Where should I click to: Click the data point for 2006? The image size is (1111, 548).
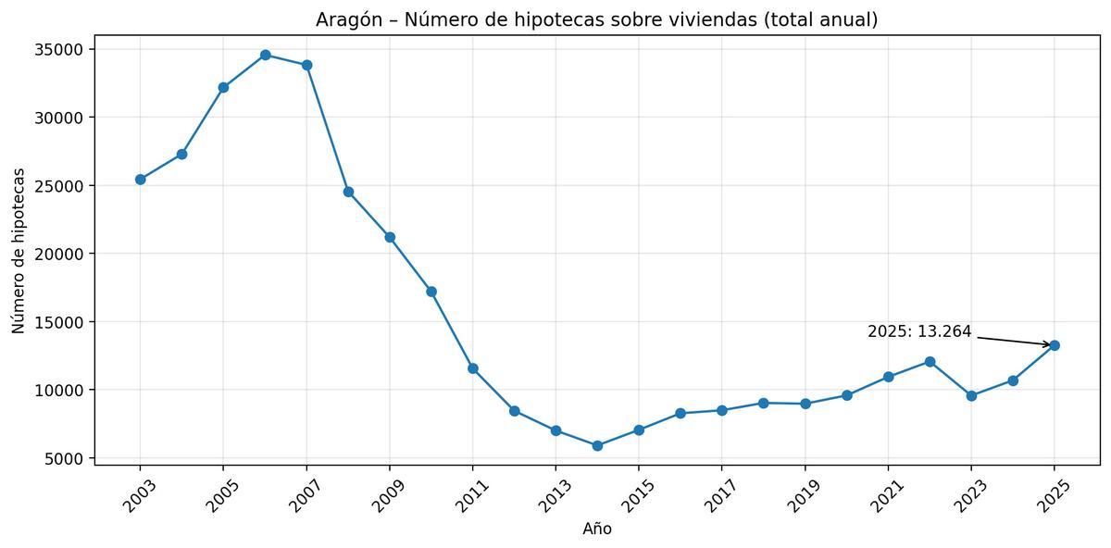[265, 55]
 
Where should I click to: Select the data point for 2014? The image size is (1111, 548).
[597, 445]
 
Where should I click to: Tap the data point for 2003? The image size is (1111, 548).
[140, 180]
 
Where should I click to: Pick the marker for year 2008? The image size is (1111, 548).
[348, 192]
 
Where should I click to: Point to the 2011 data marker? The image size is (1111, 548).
[473, 368]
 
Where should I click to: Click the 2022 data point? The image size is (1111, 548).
[930, 362]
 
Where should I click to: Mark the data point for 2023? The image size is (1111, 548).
[971, 395]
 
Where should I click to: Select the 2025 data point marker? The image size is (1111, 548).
[1055, 345]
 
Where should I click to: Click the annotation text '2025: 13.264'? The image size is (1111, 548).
[919, 331]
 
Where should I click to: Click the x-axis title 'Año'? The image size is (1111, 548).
[597, 529]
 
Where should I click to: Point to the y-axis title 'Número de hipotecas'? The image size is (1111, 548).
[19, 251]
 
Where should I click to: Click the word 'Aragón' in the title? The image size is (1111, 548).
[346, 19]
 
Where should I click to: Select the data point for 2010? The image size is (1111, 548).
[431, 292]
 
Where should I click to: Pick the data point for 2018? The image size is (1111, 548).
[763, 403]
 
